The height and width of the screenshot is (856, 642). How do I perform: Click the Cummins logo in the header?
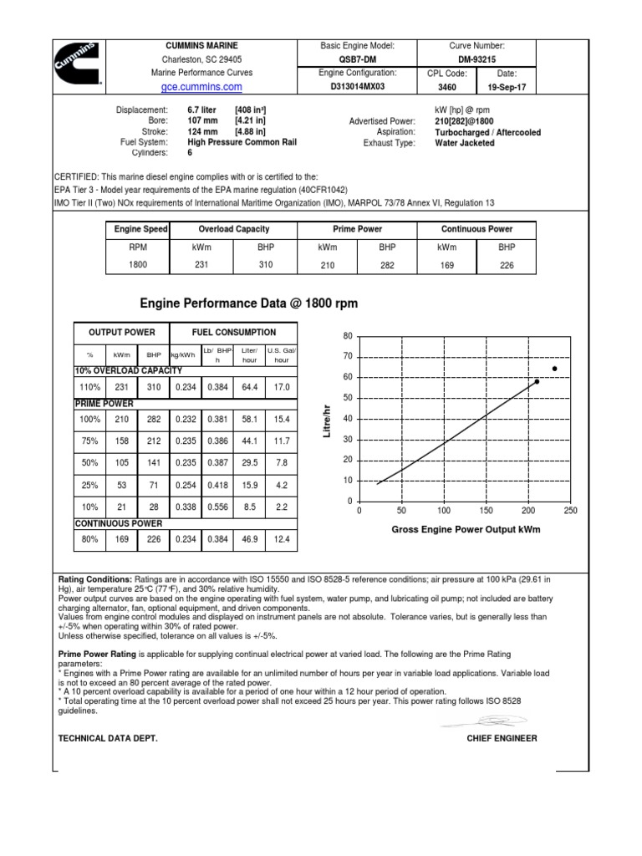tap(76, 64)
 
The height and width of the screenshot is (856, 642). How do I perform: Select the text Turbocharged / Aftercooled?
tap(487, 132)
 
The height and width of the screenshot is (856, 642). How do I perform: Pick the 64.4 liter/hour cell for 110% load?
tap(249, 387)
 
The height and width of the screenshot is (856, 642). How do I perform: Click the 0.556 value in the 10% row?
tap(217, 507)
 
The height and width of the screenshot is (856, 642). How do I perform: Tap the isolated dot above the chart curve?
tap(554, 369)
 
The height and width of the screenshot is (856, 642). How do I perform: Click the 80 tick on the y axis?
tap(348, 336)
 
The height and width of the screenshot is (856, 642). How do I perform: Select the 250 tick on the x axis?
tap(570, 510)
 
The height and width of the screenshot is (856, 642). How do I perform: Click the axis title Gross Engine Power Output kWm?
tap(466, 530)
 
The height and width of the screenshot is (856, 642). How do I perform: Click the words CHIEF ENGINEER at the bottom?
tap(502, 738)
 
